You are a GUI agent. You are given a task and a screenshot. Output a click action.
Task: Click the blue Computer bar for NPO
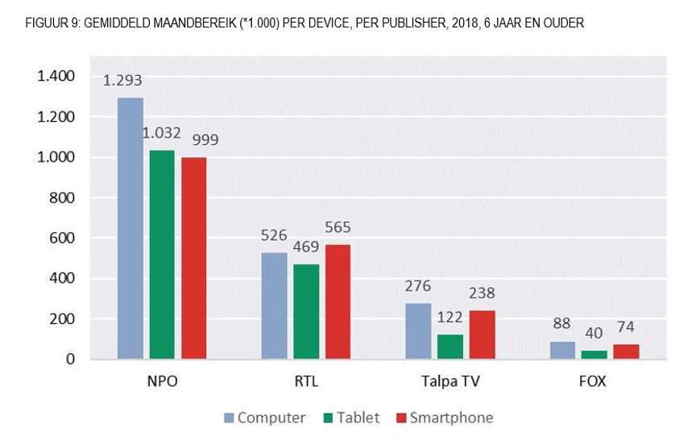click(x=130, y=228)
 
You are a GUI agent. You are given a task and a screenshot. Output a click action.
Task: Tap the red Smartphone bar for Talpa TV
click(x=483, y=334)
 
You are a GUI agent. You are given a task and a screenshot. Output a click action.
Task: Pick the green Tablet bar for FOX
click(x=594, y=354)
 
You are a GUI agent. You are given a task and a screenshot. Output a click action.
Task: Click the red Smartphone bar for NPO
click(x=194, y=258)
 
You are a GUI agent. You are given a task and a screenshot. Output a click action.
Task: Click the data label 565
click(x=337, y=227)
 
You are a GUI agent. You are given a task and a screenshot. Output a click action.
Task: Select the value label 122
click(x=449, y=318)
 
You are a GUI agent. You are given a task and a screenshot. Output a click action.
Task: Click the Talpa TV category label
click(x=450, y=382)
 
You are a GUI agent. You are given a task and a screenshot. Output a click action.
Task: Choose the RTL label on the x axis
click(x=306, y=382)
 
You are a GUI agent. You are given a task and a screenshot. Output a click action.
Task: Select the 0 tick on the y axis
click(x=70, y=359)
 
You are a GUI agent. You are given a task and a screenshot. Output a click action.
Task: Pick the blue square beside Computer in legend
click(x=229, y=418)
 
